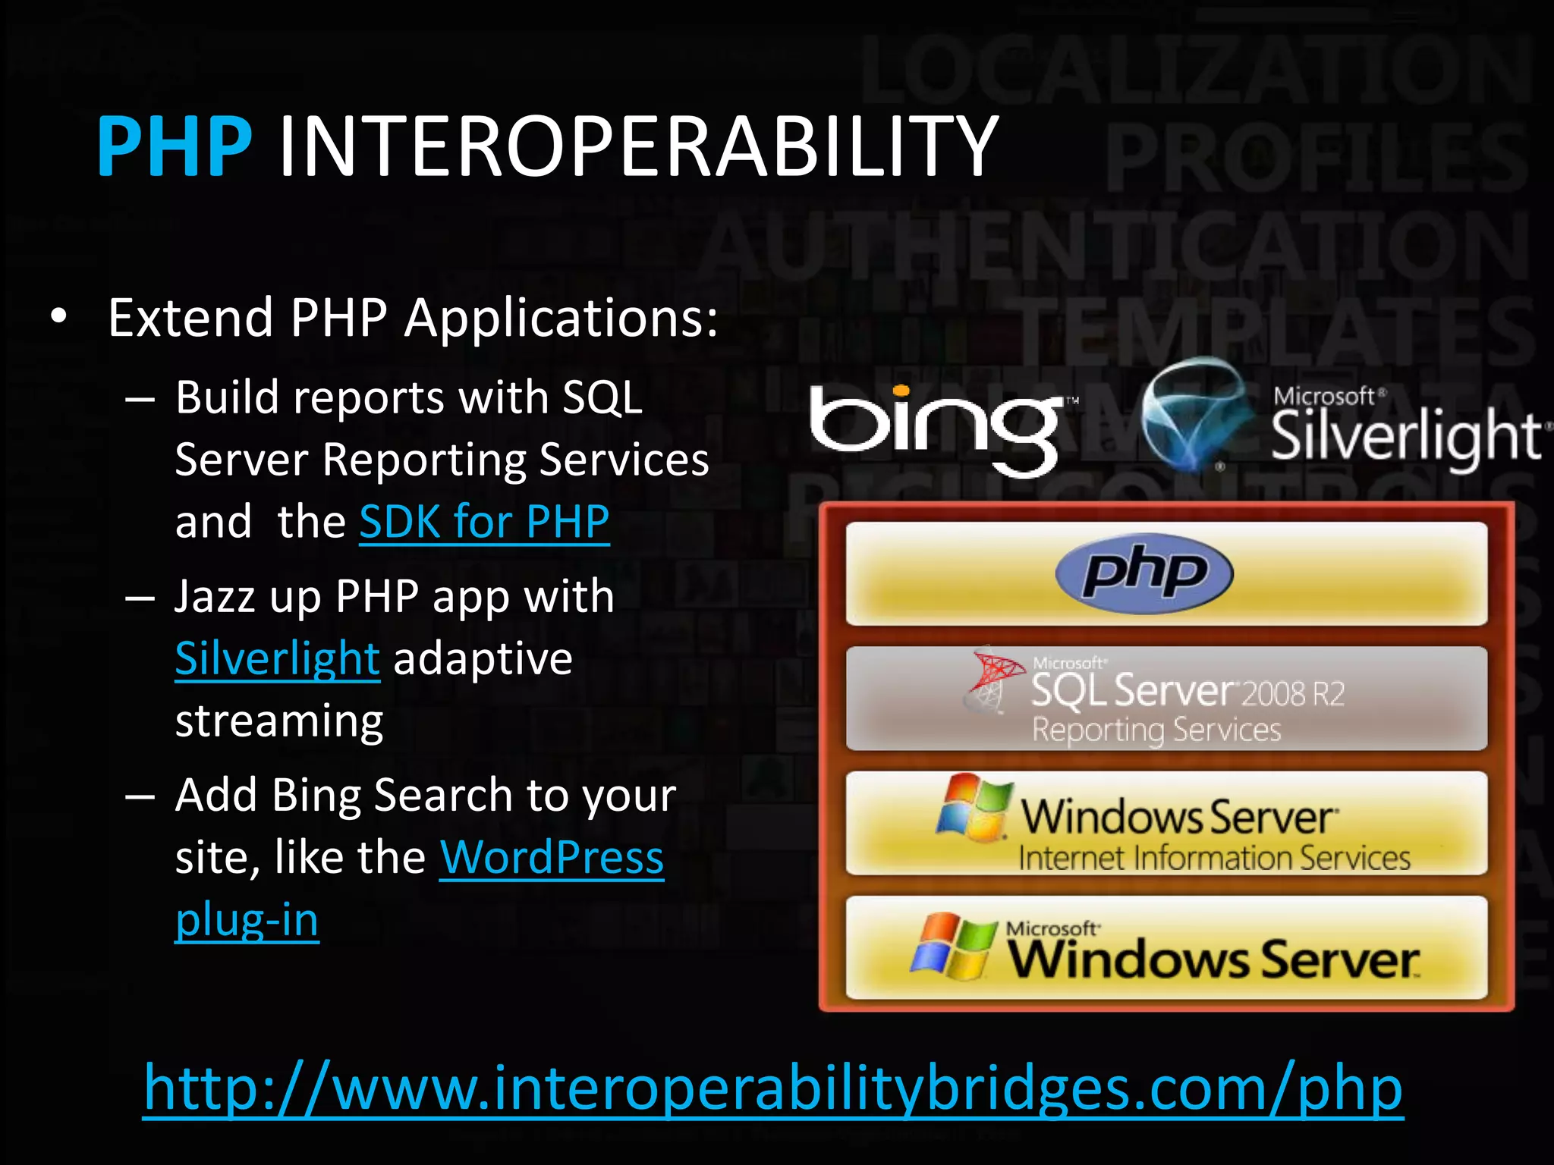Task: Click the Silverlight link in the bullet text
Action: [277, 658]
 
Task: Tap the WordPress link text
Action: [552, 858]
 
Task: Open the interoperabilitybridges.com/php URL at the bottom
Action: [772, 1088]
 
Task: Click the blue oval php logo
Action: [1144, 573]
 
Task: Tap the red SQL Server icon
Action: [993, 678]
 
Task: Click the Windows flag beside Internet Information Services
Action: [974, 808]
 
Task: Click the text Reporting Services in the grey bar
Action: [1156, 730]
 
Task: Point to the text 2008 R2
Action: [1293, 693]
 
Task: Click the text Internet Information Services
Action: [1214, 859]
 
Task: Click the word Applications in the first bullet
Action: [561, 319]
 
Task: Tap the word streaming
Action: [279, 721]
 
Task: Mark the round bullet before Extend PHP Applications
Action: [59, 319]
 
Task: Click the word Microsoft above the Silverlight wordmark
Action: [1324, 396]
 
